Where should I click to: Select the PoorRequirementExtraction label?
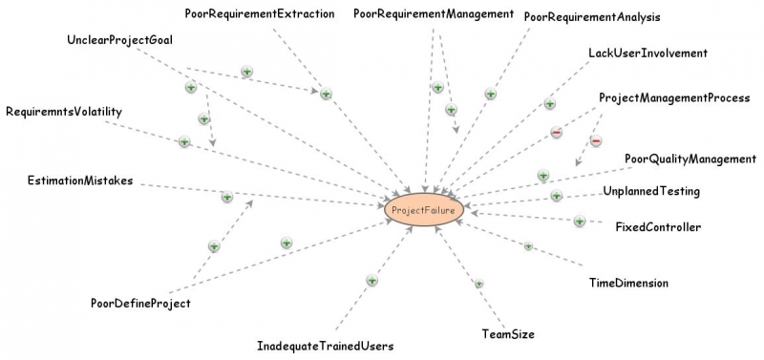point(260,13)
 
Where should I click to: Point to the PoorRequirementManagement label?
point(434,13)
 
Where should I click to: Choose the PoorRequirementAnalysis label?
point(592,16)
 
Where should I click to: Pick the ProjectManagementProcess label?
point(674,98)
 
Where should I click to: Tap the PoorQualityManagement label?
point(690,159)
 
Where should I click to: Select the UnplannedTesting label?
point(652,191)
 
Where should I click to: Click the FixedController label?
point(659,227)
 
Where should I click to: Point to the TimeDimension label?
point(628,283)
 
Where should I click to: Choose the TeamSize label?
point(508,334)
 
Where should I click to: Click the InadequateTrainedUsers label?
point(326,345)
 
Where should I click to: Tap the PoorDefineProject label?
point(141,304)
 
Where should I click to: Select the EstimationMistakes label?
point(80,180)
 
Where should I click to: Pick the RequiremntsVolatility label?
point(64,112)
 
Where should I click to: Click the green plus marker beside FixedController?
point(580,222)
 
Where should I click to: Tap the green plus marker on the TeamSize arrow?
point(479,284)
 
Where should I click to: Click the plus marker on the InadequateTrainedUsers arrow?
point(372,280)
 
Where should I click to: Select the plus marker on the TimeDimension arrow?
point(528,246)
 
